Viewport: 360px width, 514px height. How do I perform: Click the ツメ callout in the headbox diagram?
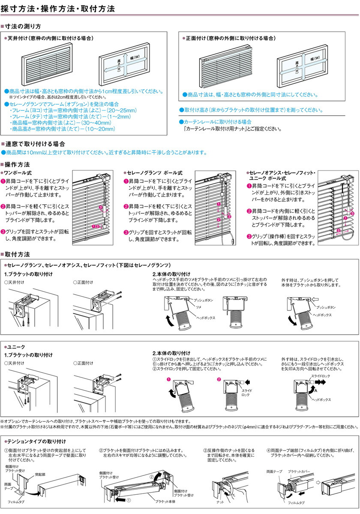[x=198, y=307]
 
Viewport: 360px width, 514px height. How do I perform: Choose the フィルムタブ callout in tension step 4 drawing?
[x=296, y=502]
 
